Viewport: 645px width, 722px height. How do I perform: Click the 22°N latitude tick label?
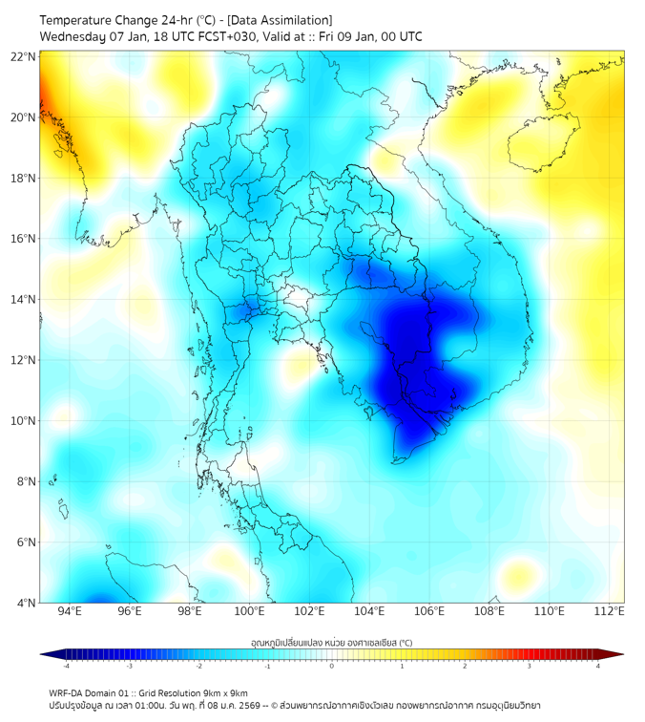pyautogui.click(x=24, y=56)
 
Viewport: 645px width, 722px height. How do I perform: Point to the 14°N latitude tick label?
pyautogui.click(x=24, y=300)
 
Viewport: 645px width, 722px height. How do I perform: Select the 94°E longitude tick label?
pyautogui.click(x=70, y=611)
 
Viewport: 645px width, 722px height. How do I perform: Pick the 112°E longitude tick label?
pyautogui.click(x=611, y=611)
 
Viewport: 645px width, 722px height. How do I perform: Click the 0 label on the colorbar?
pyautogui.click(x=332, y=666)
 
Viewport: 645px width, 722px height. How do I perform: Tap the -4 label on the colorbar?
pyautogui.click(x=66, y=666)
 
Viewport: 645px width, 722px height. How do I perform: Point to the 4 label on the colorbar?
pyautogui.click(x=598, y=666)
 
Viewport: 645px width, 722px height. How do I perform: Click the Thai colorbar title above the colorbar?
pyautogui.click(x=332, y=643)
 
